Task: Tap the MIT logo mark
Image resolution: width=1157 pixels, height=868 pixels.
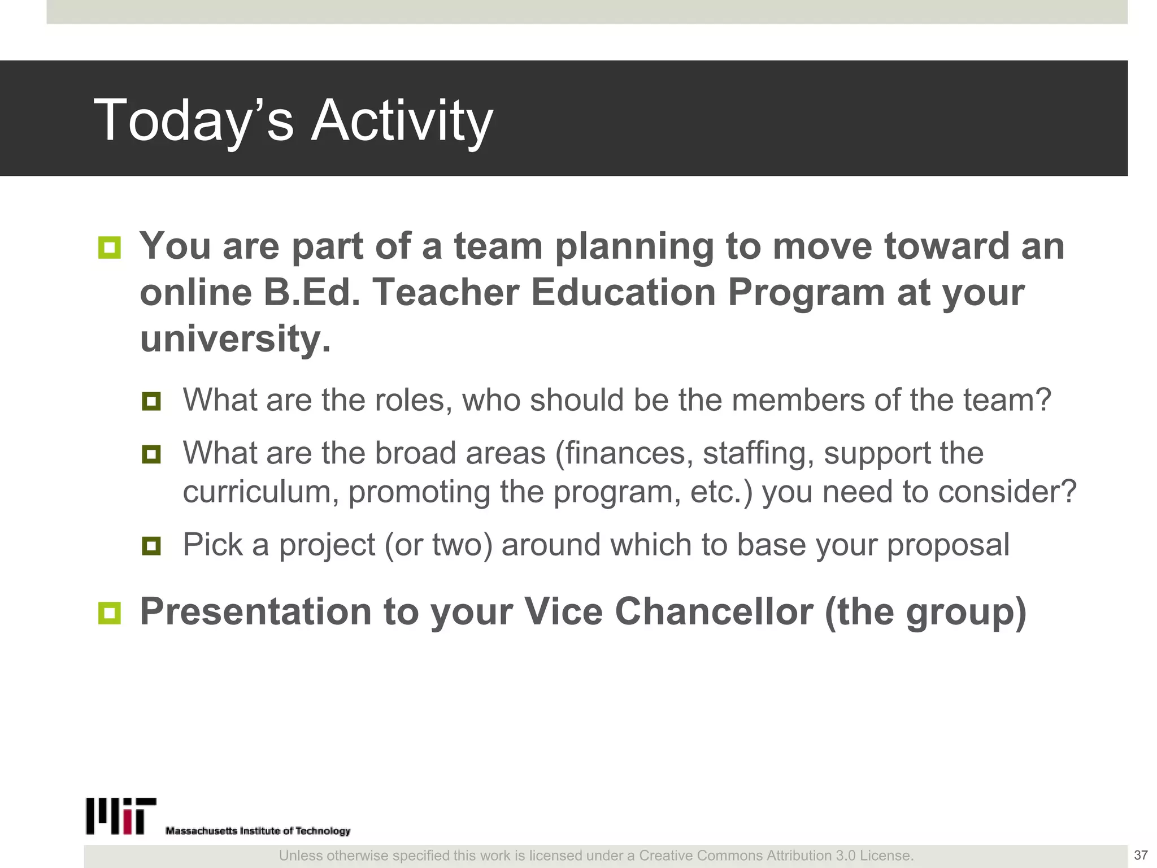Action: coord(121,816)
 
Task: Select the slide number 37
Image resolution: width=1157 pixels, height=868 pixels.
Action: coord(1141,855)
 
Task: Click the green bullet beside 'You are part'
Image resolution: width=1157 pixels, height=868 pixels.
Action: coord(109,248)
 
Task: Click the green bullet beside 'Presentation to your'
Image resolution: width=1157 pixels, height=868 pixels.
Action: coord(109,613)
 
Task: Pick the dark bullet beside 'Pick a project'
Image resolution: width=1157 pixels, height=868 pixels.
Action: coord(151,546)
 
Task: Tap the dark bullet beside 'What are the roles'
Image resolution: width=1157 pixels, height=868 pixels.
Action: coord(151,402)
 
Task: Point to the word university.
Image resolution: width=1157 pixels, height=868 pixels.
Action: coord(235,339)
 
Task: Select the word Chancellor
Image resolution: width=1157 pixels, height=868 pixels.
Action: coord(714,612)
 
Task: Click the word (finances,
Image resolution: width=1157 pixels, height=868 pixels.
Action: coord(624,453)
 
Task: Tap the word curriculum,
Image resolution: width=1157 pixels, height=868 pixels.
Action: coord(260,492)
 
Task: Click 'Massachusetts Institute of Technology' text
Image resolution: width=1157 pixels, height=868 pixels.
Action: coord(258,831)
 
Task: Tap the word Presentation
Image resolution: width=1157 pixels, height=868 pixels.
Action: coord(255,612)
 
